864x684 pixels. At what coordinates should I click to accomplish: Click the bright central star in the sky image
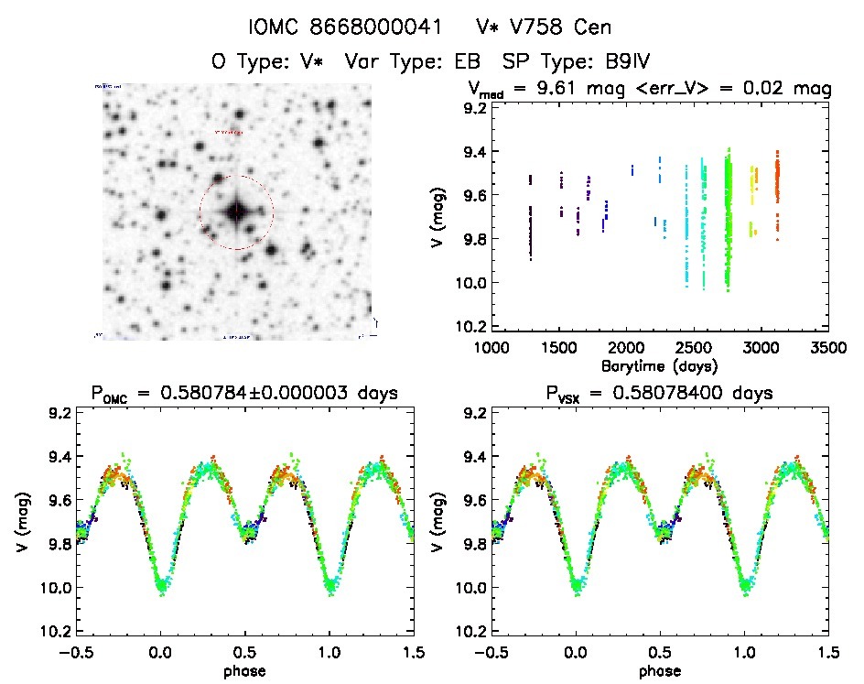tap(236, 212)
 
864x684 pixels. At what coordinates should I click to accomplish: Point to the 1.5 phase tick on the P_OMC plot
tap(414, 652)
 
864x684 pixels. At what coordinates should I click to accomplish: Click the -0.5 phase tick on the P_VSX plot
tap(487, 652)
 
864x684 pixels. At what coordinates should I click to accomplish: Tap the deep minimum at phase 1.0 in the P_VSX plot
tap(744, 584)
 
